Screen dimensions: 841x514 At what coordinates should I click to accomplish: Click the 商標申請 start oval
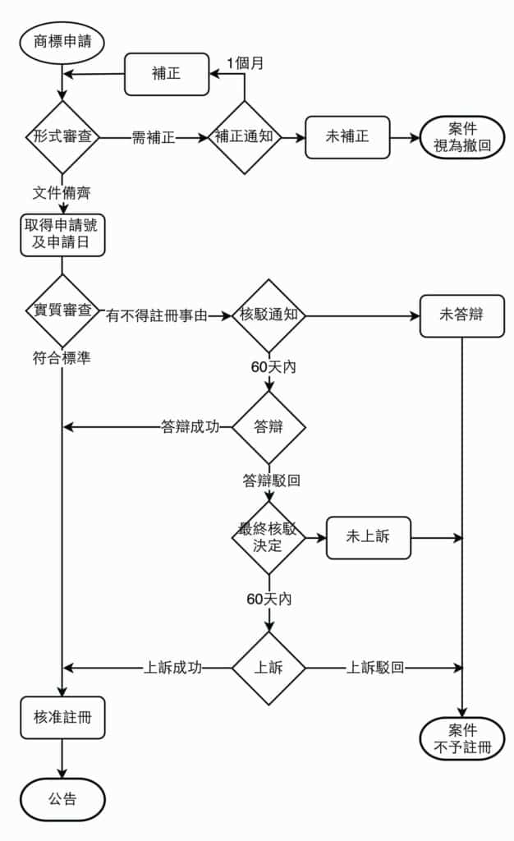[x=62, y=42]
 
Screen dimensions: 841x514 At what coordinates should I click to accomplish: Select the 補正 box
[x=167, y=74]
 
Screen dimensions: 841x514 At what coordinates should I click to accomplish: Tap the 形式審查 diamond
[x=62, y=137]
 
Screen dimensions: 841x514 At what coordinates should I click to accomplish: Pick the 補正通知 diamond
[x=244, y=137]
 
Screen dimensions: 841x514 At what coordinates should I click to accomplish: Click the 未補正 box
[x=347, y=137]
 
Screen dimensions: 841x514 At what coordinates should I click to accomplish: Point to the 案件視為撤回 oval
[x=462, y=137]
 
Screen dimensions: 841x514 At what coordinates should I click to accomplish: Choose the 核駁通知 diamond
[x=268, y=315]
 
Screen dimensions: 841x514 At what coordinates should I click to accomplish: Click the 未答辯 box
[x=461, y=315]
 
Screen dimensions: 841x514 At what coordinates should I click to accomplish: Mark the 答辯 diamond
[x=268, y=427]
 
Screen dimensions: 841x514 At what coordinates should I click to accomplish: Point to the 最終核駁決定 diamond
[x=268, y=538]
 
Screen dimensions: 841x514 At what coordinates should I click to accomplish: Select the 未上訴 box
[x=368, y=538]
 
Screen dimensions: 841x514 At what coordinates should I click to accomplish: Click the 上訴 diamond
[x=268, y=668]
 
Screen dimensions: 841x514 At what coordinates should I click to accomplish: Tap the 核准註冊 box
[x=62, y=718]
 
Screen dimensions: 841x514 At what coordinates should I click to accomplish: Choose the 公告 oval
[x=62, y=798]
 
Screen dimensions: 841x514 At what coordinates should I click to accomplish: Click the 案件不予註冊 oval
[x=461, y=738]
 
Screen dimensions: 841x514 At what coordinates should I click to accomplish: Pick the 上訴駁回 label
[x=375, y=668]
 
